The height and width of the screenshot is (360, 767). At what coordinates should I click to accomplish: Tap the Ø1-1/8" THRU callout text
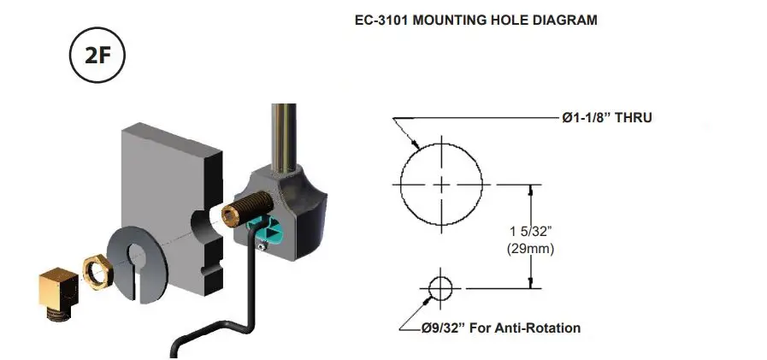click(606, 117)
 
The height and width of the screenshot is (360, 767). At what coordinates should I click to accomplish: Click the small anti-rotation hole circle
click(440, 287)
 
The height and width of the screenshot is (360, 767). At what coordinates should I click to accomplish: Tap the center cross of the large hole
click(440, 184)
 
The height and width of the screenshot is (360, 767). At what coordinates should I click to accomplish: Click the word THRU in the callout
click(632, 117)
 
